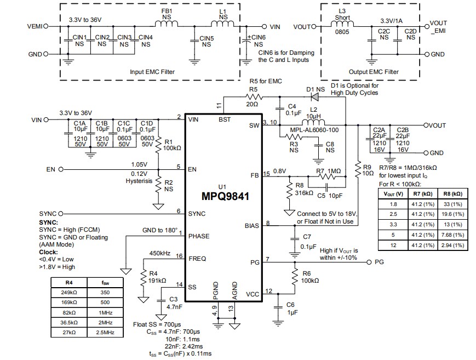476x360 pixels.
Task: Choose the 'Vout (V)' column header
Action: [392, 193]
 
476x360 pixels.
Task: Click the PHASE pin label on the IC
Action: [198, 236]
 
